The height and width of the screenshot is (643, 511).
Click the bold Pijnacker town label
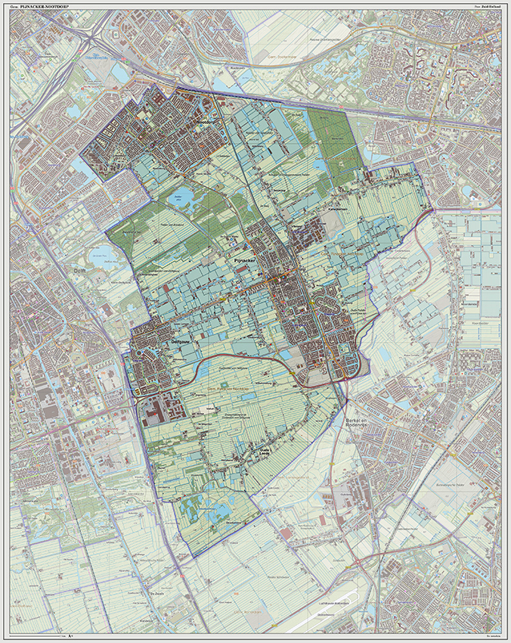point(240,259)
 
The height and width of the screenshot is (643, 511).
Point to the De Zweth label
point(156,594)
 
